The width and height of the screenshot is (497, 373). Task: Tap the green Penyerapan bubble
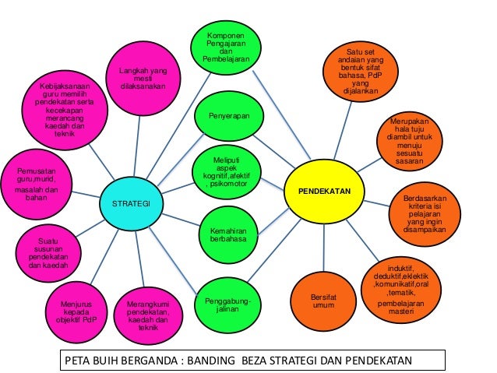228,116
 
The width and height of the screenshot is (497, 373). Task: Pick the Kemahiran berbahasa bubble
228,234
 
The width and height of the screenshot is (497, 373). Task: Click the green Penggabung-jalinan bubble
228,304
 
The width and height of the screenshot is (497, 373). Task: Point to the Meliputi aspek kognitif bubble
228,170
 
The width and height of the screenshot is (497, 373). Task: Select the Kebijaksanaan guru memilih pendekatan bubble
65,108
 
